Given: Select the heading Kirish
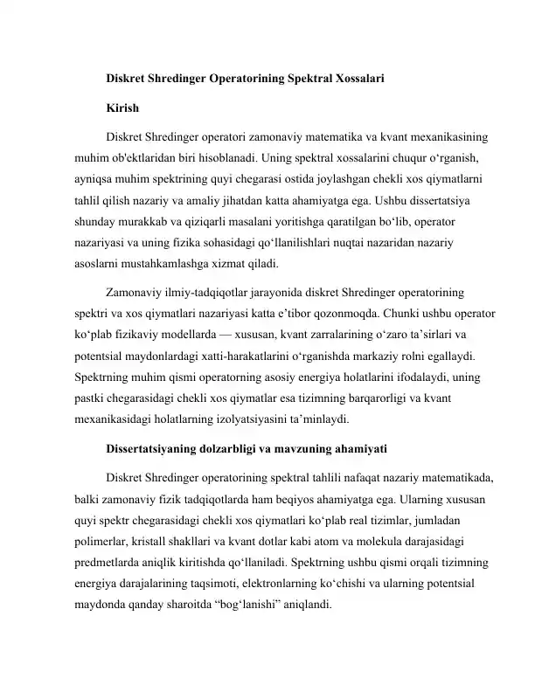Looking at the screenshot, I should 122,112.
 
